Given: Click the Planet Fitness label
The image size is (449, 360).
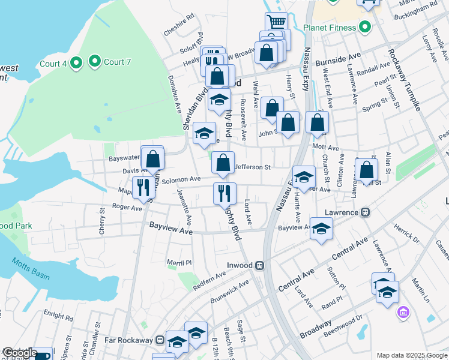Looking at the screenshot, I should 330,27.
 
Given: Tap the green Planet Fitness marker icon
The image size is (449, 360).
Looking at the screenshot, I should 364,27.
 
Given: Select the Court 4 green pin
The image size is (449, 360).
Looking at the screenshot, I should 76,63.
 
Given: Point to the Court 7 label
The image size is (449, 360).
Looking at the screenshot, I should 114,62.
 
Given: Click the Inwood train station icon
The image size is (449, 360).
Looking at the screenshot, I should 259,265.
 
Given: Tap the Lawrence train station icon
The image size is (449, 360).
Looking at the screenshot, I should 364,212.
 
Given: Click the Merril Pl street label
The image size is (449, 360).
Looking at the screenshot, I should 179,263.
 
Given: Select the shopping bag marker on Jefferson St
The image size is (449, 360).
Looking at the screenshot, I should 223,162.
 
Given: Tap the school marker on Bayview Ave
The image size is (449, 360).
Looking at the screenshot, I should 321,229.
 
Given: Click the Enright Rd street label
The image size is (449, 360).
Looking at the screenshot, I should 59,314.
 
